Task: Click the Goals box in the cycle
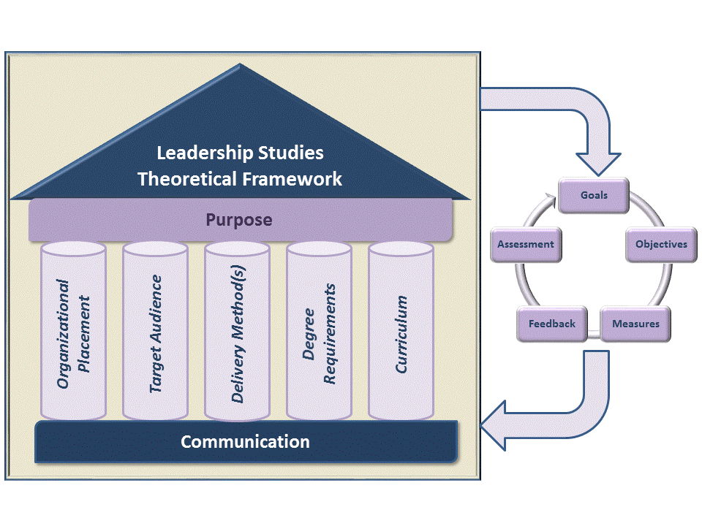coord(594,196)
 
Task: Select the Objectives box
coord(661,244)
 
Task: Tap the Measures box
coord(635,324)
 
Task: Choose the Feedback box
coord(552,324)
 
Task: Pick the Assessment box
coord(525,244)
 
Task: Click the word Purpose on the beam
coord(238,220)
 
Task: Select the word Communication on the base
coord(245,442)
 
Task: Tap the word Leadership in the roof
coord(205,153)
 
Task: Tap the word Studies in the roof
coord(290,153)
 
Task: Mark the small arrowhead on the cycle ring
coord(548,198)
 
